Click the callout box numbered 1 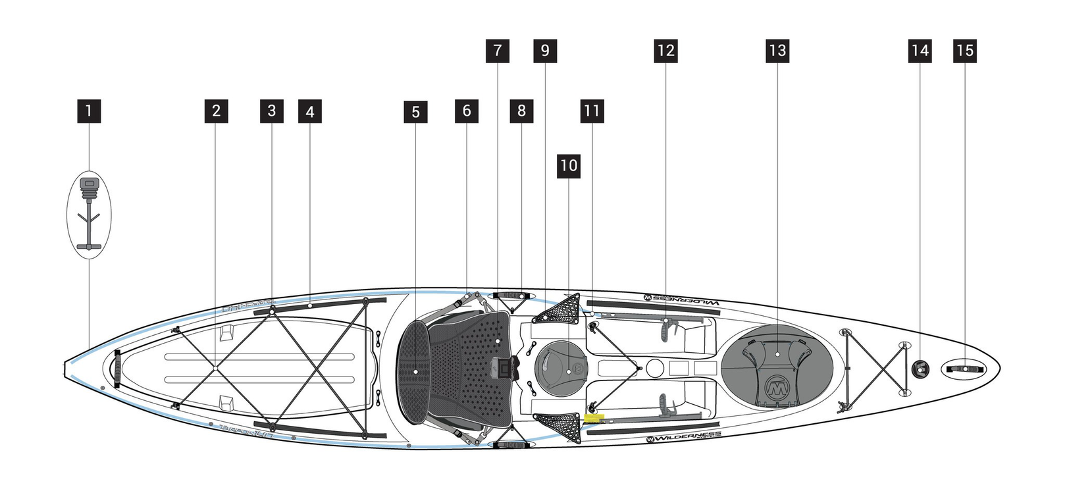click(x=89, y=111)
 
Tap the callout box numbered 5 click(x=415, y=112)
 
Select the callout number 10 click(x=569, y=165)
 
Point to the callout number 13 click(x=777, y=51)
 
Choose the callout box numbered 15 click(x=965, y=51)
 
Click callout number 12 click(x=665, y=51)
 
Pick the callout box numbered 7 click(x=498, y=51)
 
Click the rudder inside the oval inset click(x=89, y=214)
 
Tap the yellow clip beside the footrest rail click(x=593, y=417)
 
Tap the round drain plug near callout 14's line click(x=920, y=369)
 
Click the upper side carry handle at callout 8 click(x=511, y=295)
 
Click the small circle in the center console click(x=654, y=368)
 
